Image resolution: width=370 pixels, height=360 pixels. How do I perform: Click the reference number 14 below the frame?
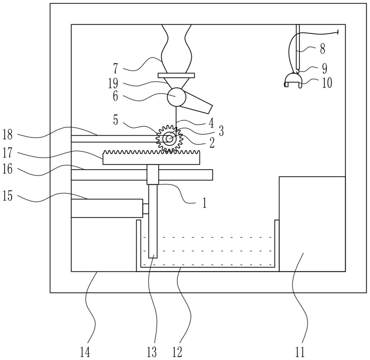pyautogui.click(x=85, y=353)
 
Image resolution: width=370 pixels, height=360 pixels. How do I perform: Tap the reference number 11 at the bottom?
pyautogui.click(x=300, y=353)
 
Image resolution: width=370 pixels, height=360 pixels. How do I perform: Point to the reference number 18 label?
pyautogui.click(x=7, y=135)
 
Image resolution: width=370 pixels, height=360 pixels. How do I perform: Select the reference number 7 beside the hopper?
pyautogui.click(x=116, y=68)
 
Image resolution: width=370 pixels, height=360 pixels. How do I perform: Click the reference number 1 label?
pyautogui.click(x=204, y=203)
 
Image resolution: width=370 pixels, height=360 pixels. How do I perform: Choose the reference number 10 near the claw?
pyautogui.click(x=327, y=83)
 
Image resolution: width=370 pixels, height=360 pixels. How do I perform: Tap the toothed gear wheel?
pyautogui.click(x=169, y=139)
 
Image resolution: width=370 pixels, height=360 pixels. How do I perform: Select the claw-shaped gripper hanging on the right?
pyautogui.click(x=293, y=80)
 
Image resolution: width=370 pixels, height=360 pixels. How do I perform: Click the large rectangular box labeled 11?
pyautogui.click(x=312, y=224)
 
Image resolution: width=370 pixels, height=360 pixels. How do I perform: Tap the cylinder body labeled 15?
pyautogui.click(x=107, y=208)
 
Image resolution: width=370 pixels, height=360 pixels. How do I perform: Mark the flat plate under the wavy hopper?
pyautogui.click(x=176, y=75)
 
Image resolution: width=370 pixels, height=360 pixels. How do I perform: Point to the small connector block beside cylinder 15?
pyautogui.click(x=145, y=209)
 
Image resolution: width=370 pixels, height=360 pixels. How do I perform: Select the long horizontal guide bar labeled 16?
pyautogui.click(x=142, y=175)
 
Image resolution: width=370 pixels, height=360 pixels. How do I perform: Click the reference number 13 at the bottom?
pyautogui.click(x=152, y=353)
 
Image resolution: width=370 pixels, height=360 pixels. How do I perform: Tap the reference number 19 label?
pyautogui.click(x=113, y=83)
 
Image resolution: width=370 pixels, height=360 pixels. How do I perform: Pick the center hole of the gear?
pyautogui.click(x=169, y=139)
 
